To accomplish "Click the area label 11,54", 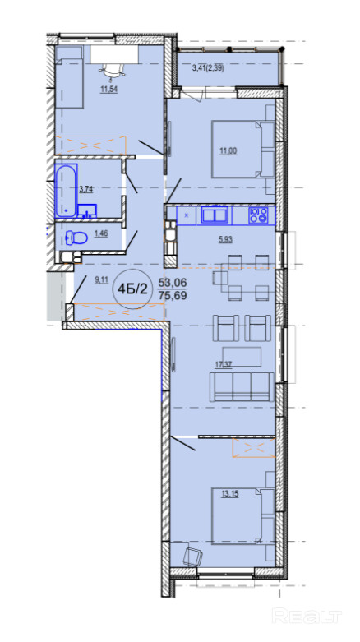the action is click(x=109, y=90).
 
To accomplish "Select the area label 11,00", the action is click(x=228, y=151).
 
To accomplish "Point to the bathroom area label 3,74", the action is click(x=86, y=189).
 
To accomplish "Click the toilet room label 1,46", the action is click(x=102, y=233).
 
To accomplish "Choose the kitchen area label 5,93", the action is click(x=225, y=240).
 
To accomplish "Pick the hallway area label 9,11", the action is click(x=102, y=280).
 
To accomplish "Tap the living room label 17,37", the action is click(x=224, y=365).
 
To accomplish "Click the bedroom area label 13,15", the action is click(x=230, y=494).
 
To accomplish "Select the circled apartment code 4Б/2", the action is click(x=132, y=289).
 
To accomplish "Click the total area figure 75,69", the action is click(x=173, y=295).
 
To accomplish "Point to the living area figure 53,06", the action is click(x=173, y=282).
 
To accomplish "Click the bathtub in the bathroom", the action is click(x=66, y=190).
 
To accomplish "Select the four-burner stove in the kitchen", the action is click(x=258, y=215).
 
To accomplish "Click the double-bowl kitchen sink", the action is click(x=215, y=215).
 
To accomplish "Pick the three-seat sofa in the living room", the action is click(x=241, y=387).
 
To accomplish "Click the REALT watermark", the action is click(x=307, y=616).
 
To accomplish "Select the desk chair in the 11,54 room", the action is click(x=113, y=70).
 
